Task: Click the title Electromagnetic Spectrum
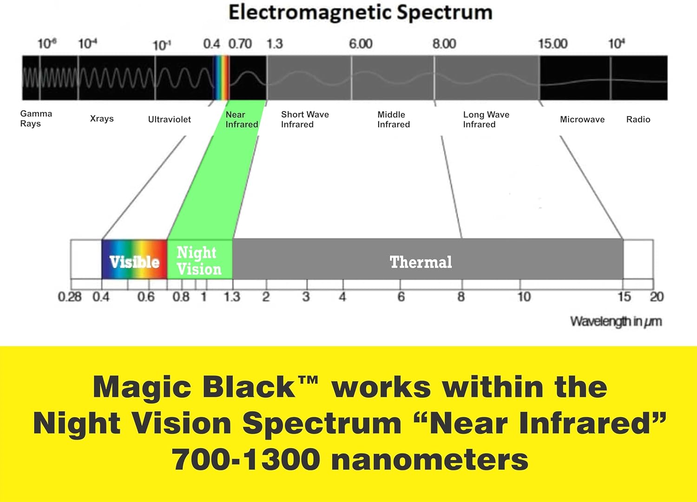coord(360,13)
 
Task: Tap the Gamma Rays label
coord(36,119)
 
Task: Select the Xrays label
coord(102,119)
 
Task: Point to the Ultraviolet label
coord(169,119)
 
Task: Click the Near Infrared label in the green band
coord(242,120)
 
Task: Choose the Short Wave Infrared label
coord(305,120)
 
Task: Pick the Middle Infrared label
coord(394,120)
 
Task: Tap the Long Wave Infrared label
coord(486,120)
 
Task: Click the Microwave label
coord(582,120)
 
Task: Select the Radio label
coord(638,120)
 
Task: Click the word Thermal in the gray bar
coord(421,262)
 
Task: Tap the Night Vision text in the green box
coord(199,261)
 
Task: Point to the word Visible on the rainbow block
coord(134,262)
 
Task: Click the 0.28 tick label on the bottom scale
coord(70,297)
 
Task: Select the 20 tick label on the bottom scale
coord(657,297)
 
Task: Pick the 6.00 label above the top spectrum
coord(361,44)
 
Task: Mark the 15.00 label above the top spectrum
coord(553,44)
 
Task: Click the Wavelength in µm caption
coord(616,322)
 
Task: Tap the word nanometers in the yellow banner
coord(430,460)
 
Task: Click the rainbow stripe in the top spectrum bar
coord(222,77)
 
